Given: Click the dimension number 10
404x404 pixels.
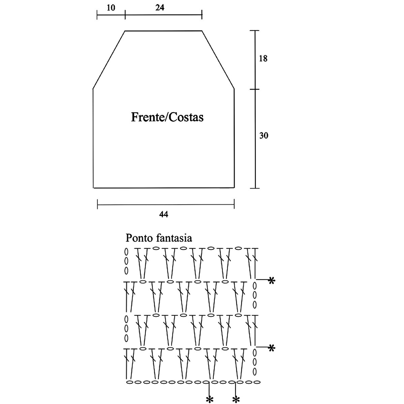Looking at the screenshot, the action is [111, 8].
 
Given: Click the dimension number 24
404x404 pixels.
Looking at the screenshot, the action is [160, 8].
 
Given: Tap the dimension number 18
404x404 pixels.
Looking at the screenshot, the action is [263, 59].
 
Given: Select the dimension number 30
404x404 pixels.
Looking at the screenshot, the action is [264, 136].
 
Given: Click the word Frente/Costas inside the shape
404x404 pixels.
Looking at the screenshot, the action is [167, 117].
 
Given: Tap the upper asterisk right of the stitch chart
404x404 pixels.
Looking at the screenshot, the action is [271, 280].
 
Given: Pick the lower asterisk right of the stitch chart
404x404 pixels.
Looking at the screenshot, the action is [271, 348].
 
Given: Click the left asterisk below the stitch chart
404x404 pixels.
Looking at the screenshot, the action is [210, 399].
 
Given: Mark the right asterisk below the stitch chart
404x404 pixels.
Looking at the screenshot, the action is [236, 399].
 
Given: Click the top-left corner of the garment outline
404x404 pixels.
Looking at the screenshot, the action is [125, 31].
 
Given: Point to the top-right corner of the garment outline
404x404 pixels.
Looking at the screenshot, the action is [202, 31].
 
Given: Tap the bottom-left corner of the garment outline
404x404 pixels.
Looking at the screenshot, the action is [93, 188].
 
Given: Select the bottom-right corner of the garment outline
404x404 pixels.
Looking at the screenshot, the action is [234, 188].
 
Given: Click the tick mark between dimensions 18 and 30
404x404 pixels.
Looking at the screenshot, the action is [255, 89].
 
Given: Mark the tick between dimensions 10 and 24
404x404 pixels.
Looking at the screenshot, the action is [125, 14].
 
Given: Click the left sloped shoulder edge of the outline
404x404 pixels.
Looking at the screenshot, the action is [109, 60].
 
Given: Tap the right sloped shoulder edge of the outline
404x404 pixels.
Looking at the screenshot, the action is [218, 60].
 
